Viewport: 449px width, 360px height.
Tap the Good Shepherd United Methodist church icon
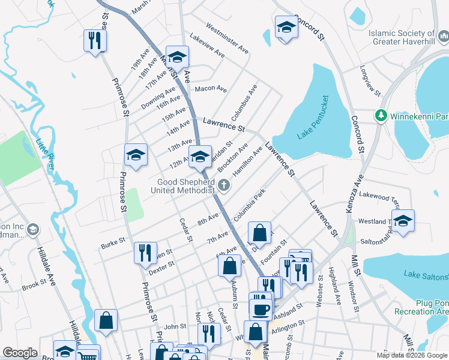coord(224,185)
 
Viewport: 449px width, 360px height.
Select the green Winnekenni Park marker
coord(380,115)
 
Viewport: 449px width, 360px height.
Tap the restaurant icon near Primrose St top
coord(95,40)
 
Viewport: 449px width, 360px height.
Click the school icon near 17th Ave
coord(177,57)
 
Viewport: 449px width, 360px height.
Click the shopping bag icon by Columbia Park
coord(259,232)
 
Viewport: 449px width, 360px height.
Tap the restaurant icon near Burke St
coord(145,252)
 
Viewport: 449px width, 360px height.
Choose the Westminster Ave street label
coord(227,36)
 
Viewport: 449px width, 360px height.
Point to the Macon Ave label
coord(211,89)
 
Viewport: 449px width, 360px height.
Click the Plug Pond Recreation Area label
coord(421,307)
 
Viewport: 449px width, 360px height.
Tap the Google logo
coord(20,353)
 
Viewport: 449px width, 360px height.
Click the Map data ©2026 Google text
coord(412,355)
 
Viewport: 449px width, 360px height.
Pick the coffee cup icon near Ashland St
coord(261,310)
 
